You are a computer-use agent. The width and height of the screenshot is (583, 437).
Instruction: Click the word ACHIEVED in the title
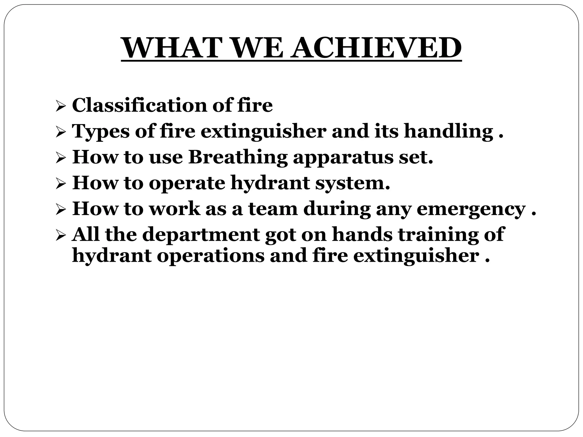[377, 48]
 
